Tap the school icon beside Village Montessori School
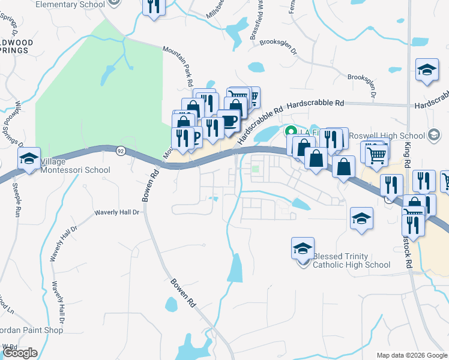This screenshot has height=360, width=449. pos(29,159)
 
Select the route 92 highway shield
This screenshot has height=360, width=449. pos(121,151)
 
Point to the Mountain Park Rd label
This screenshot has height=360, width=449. pos(183,66)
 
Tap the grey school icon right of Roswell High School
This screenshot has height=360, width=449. pos(434,135)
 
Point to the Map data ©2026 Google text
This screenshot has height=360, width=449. pos(411,355)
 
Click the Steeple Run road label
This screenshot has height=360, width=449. pos(16,201)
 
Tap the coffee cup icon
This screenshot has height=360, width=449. pos(229,121)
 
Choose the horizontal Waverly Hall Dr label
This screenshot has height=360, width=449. pos(116,212)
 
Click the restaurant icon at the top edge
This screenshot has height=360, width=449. pos(154,7)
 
